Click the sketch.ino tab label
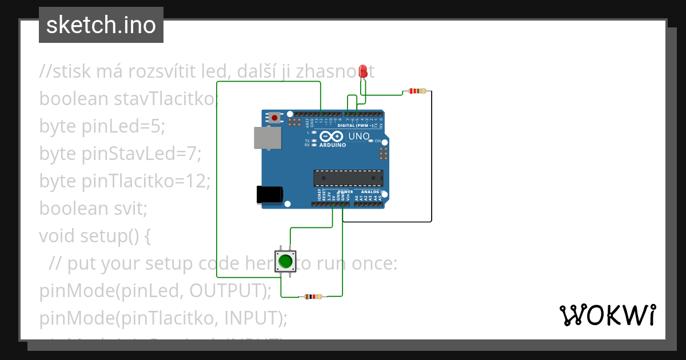tap(101, 25)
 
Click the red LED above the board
tap(362, 71)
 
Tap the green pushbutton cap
tap(285, 262)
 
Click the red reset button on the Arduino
tap(275, 118)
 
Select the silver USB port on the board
tap(268, 138)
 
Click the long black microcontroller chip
tap(348, 178)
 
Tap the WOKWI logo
tap(607, 315)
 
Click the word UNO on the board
tap(359, 136)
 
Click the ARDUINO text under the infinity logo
tap(332, 145)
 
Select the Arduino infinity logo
tap(332, 136)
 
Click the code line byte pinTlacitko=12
tap(125, 181)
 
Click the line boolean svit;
tap(93, 209)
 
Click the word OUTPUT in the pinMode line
tap(225, 290)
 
